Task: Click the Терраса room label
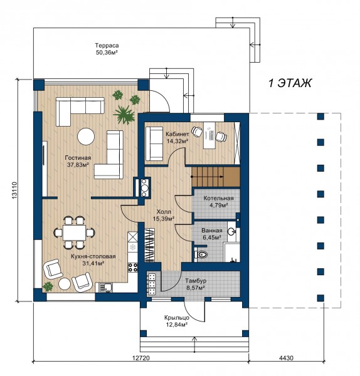pyautogui.click(x=107, y=45)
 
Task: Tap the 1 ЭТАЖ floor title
pyautogui.click(x=290, y=83)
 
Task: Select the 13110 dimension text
pyautogui.click(x=14, y=191)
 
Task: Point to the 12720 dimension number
pyautogui.click(x=141, y=358)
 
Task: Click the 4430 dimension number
pyautogui.click(x=286, y=358)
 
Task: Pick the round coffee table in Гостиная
pyautogui.click(x=86, y=136)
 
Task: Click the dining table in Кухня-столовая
pyautogui.click(x=75, y=232)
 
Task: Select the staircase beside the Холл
pyautogui.click(x=216, y=177)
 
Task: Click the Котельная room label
pyautogui.click(x=218, y=198)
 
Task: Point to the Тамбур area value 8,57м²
pyautogui.click(x=195, y=288)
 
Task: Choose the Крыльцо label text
pyautogui.click(x=177, y=318)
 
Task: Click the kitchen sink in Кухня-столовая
pyautogui.click(x=105, y=288)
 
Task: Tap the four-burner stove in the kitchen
pyautogui.click(x=133, y=268)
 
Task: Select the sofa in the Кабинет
pyautogui.click(x=154, y=144)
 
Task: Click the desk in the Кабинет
pyautogui.click(x=209, y=136)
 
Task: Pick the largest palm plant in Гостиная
pyautogui.click(x=124, y=115)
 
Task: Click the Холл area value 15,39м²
pyautogui.click(x=164, y=219)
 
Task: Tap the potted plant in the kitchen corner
pyautogui.click(x=48, y=286)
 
